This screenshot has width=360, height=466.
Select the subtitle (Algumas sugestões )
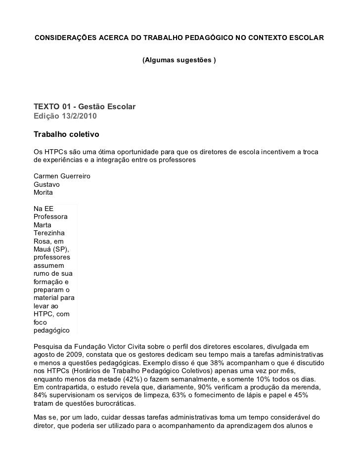point(179,60)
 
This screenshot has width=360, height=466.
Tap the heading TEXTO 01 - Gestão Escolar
point(84,107)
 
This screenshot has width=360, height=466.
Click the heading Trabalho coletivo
point(66,134)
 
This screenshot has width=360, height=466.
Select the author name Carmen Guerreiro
point(61,176)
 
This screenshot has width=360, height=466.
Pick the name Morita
point(43,192)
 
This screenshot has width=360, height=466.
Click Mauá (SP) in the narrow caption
point(51,249)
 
